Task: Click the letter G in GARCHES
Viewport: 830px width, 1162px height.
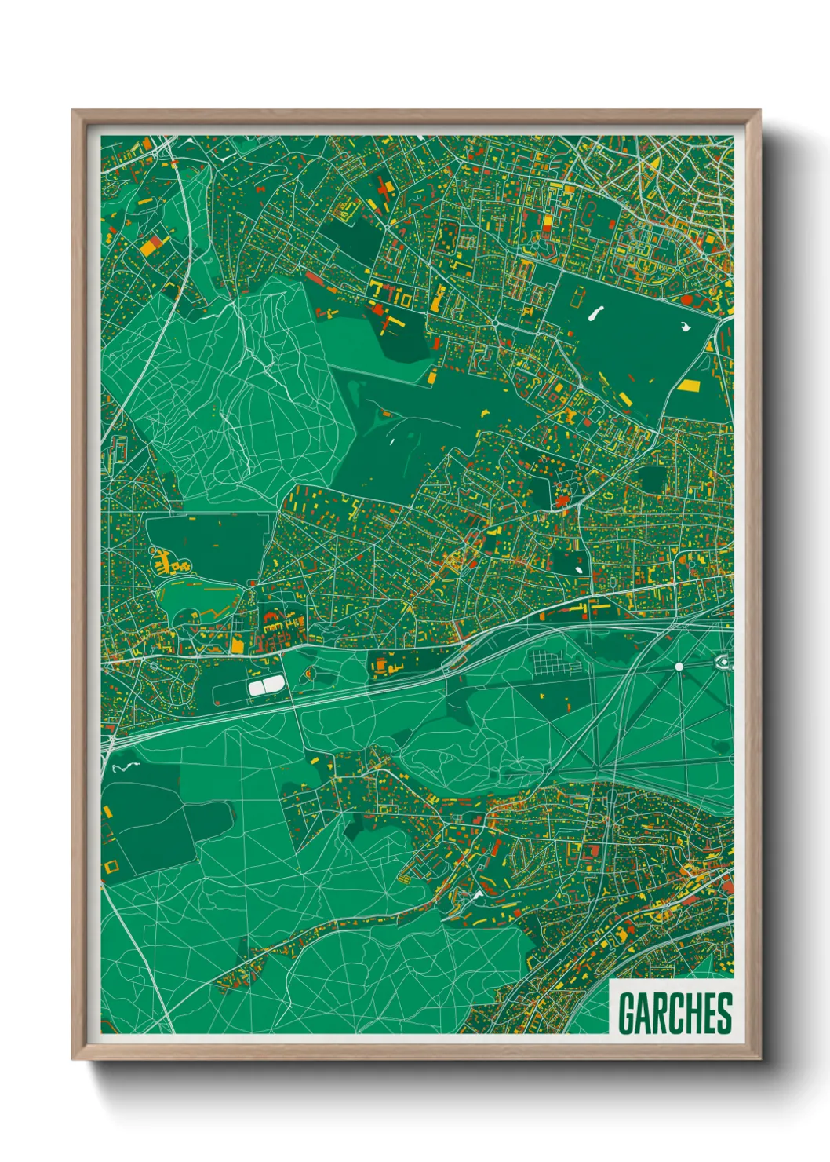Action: tap(627, 1014)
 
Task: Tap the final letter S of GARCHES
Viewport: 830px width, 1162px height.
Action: tap(723, 1014)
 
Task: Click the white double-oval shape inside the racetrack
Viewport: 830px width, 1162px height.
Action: tap(268, 685)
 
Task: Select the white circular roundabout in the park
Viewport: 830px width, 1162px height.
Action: tap(679, 667)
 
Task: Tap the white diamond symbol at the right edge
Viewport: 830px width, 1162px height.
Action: tap(723, 663)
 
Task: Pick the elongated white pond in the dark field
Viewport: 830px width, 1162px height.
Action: tap(592, 314)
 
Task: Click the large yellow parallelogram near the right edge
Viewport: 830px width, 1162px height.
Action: tap(689, 385)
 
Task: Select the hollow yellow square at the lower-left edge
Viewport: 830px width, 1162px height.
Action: tap(111, 867)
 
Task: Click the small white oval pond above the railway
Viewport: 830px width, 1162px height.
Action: tap(579, 570)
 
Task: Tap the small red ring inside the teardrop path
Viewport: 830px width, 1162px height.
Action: tap(309, 673)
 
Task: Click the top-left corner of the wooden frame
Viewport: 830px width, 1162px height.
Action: tap(74, 111)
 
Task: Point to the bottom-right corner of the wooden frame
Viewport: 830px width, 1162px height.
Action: tap(759, 1058)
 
